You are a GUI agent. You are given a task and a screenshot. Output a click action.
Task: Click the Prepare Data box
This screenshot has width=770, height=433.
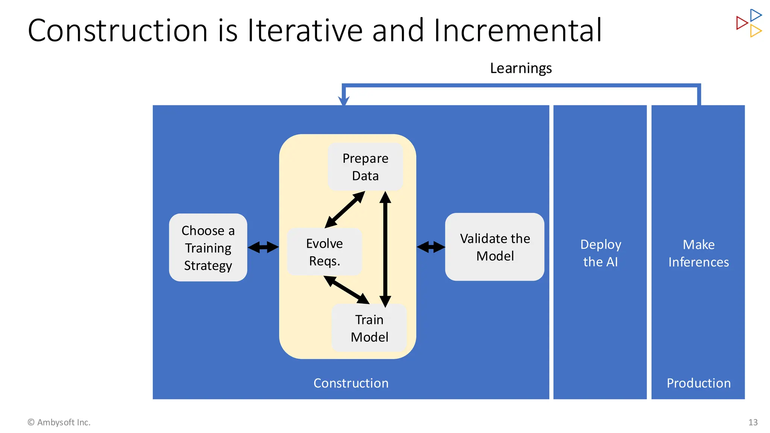(x=365, y=167)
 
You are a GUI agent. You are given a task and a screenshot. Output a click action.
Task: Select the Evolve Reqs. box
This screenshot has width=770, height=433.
(x=324, y=252)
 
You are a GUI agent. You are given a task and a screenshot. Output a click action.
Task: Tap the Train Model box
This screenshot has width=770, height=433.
(x=369, y=328)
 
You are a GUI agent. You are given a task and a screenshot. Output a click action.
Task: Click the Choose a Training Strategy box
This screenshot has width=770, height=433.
(x=208, y=248)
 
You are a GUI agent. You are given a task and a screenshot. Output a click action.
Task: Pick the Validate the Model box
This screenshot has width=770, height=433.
(x=495, y=247)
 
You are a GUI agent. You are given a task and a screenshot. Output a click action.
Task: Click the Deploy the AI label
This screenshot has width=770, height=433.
(x=600, y=253)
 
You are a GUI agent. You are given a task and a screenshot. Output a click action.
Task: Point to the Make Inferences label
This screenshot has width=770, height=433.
(x=698, y=253)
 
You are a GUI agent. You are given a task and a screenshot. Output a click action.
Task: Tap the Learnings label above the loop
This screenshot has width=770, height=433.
(x=521, y=68)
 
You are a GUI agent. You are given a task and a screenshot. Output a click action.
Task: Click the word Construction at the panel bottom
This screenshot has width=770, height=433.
(x=351, y=383)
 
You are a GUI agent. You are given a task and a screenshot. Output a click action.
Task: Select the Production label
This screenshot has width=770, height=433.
(x=698, y=383)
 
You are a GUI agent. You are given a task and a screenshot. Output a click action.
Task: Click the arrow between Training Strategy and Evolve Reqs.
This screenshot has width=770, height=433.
(x=263, y=247)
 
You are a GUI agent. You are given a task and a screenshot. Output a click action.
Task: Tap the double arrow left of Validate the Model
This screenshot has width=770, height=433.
(x=431, y=247)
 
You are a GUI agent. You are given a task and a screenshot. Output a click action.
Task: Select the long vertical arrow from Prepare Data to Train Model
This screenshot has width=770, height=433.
(x=385, y=249)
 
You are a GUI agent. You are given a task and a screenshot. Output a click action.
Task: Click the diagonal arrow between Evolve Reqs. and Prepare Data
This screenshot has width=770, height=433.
(x=345, y=209)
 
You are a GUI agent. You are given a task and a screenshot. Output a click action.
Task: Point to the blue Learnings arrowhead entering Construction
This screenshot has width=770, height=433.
(x=344, y=101)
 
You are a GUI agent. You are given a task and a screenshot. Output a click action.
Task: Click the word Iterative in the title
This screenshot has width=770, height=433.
(x=305, y=30)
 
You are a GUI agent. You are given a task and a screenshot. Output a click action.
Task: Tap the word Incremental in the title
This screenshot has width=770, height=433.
(x=518, y=30)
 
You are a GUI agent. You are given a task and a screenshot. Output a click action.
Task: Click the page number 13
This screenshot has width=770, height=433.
(x=753, y=422)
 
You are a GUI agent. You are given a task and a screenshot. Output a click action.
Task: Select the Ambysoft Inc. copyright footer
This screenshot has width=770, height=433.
(x=59, y=422)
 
